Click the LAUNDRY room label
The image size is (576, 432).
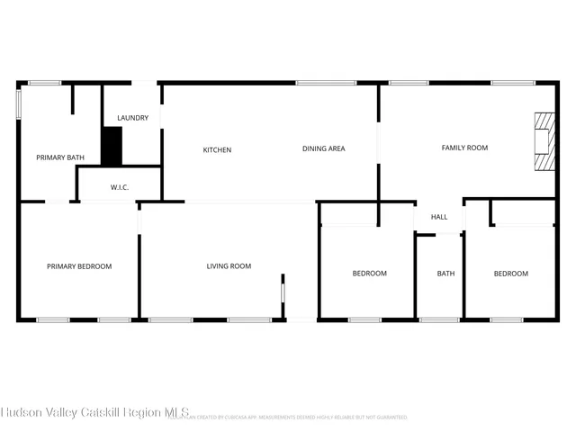[132, 118]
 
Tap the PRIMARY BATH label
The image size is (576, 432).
[60, 157]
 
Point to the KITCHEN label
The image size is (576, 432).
[217, 149]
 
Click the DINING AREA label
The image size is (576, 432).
[323, 148]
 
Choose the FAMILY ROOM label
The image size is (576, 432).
[464, 148]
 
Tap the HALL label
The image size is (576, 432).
[439, 217]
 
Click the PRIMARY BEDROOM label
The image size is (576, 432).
[79, 265]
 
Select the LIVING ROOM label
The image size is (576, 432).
[229, 265]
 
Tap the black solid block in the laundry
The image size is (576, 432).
[111, 146]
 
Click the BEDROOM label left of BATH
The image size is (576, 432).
[369, 274]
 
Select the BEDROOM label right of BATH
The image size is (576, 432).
[511, 274]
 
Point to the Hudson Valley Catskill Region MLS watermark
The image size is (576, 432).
[94, 413]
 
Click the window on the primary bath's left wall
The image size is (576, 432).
[19, 101]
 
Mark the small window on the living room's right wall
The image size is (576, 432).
[283, 293]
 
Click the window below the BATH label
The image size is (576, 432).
[438, 319]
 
